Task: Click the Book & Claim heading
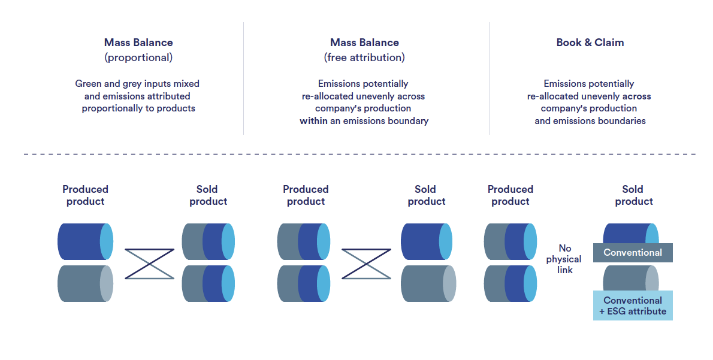(x=590, y=43)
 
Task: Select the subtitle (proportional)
(x=138, y=58)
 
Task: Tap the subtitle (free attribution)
(x=364, y=58)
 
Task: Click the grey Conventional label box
(x=633, y=253)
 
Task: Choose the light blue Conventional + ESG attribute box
(x=633, y=305)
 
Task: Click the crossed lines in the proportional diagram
(x=149, y=264)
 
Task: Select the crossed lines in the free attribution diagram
(x=366, y=264)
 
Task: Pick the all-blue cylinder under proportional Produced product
(x=85, y=241)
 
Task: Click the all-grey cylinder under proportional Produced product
(x=85, y=284)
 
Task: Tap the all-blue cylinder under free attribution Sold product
(x=426, y=241)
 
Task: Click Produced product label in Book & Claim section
(x=510, y=195)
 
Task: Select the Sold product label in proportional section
(x=208, y=195)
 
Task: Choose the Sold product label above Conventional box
(x=633, y=195)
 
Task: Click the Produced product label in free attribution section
(x=306, y=195)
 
